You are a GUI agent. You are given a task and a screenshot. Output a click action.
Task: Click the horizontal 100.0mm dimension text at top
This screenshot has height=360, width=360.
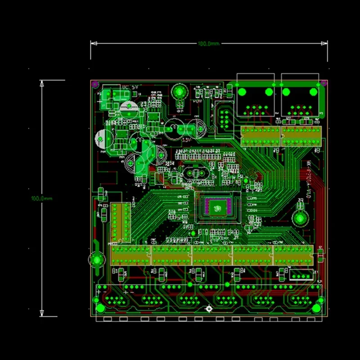pyautogui.click(x=208, y=44)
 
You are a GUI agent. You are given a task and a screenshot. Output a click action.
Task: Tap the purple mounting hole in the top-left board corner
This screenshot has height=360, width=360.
pyautogui.click(x=95, y=84)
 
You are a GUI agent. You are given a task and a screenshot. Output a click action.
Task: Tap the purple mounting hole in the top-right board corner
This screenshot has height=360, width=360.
pyautogui.click(x=322, y=83)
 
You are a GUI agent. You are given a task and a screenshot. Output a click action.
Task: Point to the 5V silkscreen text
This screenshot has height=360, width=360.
pyautogui.click(x=126, y=86)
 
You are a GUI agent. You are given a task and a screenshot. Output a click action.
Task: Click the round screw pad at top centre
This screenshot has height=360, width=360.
pyautogui.click(x=179, y=92)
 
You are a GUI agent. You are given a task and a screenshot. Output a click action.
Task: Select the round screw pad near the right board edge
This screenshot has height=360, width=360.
pyautogui.click(x=299, y=219)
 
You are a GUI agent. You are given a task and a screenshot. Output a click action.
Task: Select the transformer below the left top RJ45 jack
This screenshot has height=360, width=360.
pyautogui.click(x=261, y=135)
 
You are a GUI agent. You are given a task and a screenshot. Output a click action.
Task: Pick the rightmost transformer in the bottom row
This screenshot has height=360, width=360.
pyautogui.click(x=294, y=255)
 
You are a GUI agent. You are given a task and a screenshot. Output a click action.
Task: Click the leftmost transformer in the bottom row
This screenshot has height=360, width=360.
pyautogui.click(x=130, y=255)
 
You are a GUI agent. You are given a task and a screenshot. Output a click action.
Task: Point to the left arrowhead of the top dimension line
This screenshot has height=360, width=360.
pyautogui.click(x=93, y=44)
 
